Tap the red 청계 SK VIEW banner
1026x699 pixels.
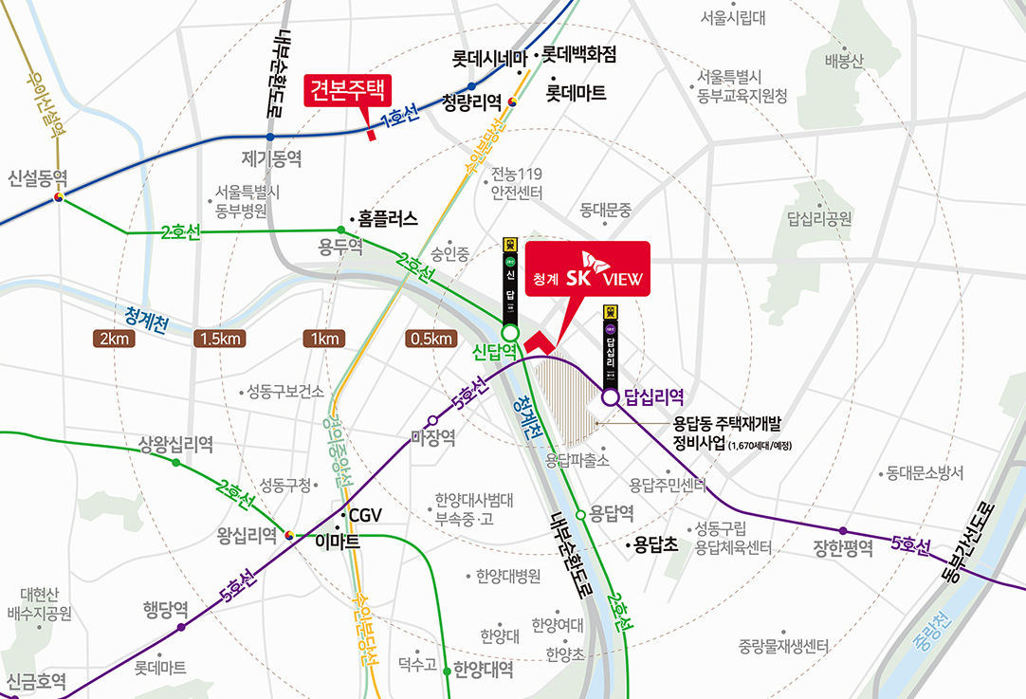tap(588, 269)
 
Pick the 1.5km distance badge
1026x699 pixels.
tap(220, 339)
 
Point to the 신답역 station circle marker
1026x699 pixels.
tap(510, 333)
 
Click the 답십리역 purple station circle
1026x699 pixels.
tap(610, 398)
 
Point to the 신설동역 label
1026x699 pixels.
tap(38, 177)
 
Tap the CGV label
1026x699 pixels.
tap(365, 515)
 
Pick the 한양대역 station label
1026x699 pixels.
tap(484, 670)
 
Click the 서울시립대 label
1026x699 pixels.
tap(733, 17)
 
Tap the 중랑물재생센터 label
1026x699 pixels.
tap(783, 647)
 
